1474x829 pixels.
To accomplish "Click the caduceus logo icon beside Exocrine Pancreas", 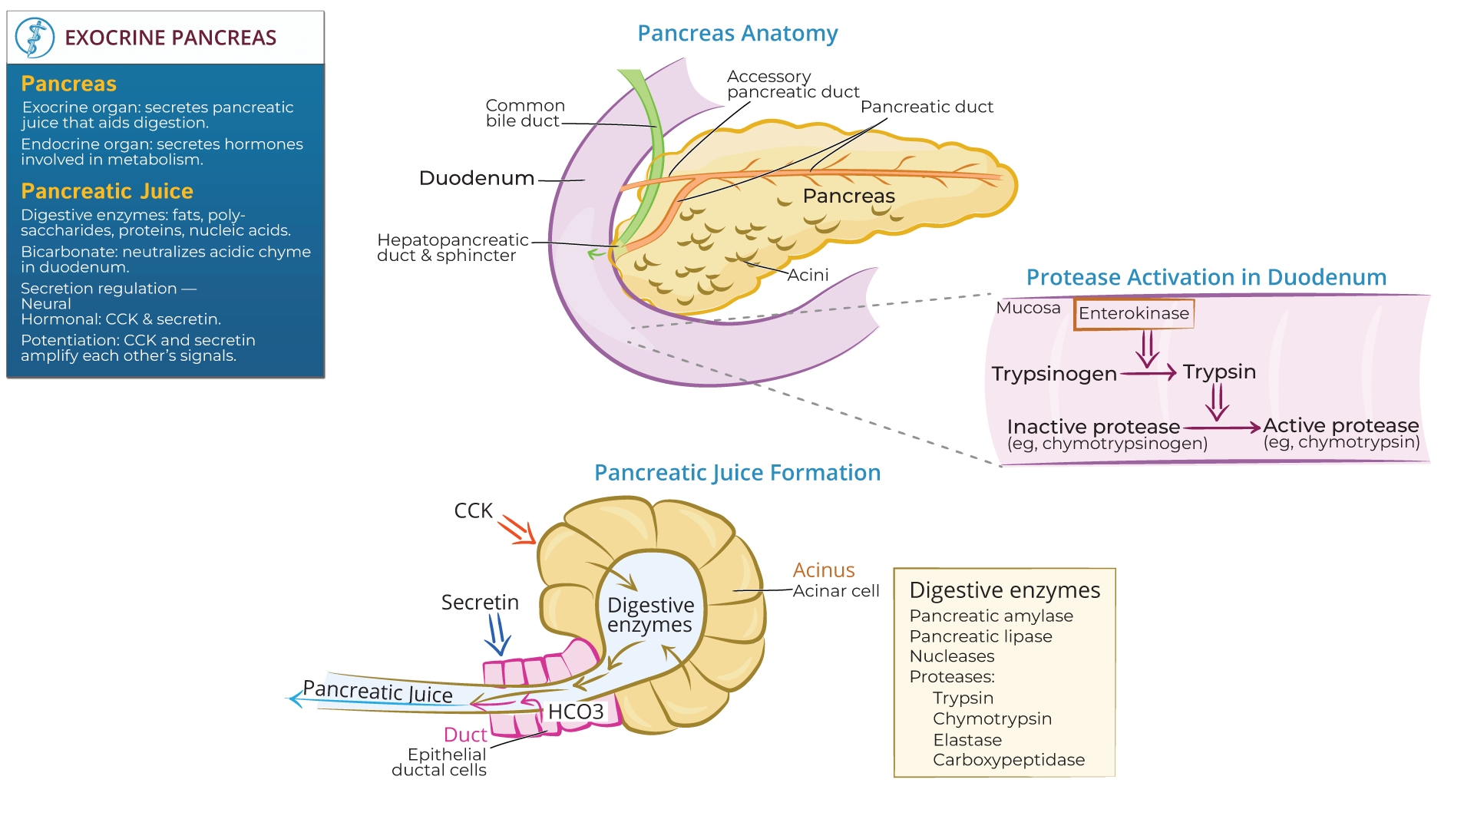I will [x=35, y=38].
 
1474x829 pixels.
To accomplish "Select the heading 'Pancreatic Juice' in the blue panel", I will [x=107, y=191].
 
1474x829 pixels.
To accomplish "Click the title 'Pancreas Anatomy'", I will [x=737, y=34].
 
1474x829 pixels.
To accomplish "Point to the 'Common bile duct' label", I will [x=524, y=113].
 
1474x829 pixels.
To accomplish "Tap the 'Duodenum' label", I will [x=476, y=178].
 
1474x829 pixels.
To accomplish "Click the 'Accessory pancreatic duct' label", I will [x=792, y=84].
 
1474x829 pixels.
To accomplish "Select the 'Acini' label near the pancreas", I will [x=808, y=275].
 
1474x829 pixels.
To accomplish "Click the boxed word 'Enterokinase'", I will [x=1133, y=313].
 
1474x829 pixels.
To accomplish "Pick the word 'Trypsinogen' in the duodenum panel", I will [x=1053, y=374].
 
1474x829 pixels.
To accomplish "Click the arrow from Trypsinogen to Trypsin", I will [x=1148, y=373].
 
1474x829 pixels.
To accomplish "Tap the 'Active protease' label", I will [x=1340, y=425].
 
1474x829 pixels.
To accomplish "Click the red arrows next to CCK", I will [x=517, y=529].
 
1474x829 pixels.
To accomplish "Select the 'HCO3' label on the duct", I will [x=575, y=712].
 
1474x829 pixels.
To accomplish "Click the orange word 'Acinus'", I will [x=823, y=570].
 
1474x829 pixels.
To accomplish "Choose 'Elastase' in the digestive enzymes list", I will [x=967, y=740].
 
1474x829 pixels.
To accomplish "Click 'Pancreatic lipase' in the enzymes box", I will [x=980, y=636].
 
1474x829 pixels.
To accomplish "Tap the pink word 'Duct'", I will [x=465, y=735].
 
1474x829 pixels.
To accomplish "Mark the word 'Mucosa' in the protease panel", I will [x=1027, y=308].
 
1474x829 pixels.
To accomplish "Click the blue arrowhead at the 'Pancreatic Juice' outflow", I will [x=295, y=699].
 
